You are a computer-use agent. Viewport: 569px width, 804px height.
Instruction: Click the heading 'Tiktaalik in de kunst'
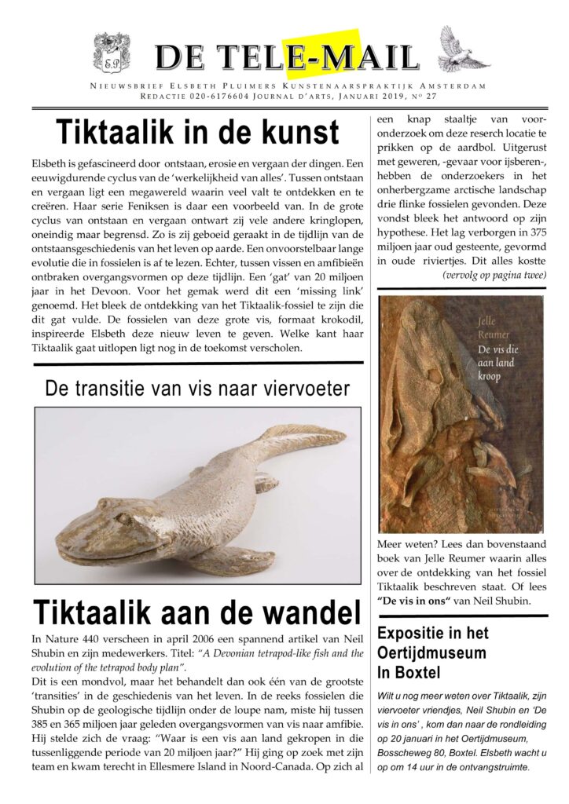[197, 132]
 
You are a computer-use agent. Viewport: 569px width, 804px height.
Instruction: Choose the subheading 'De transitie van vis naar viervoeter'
[197, 387]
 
